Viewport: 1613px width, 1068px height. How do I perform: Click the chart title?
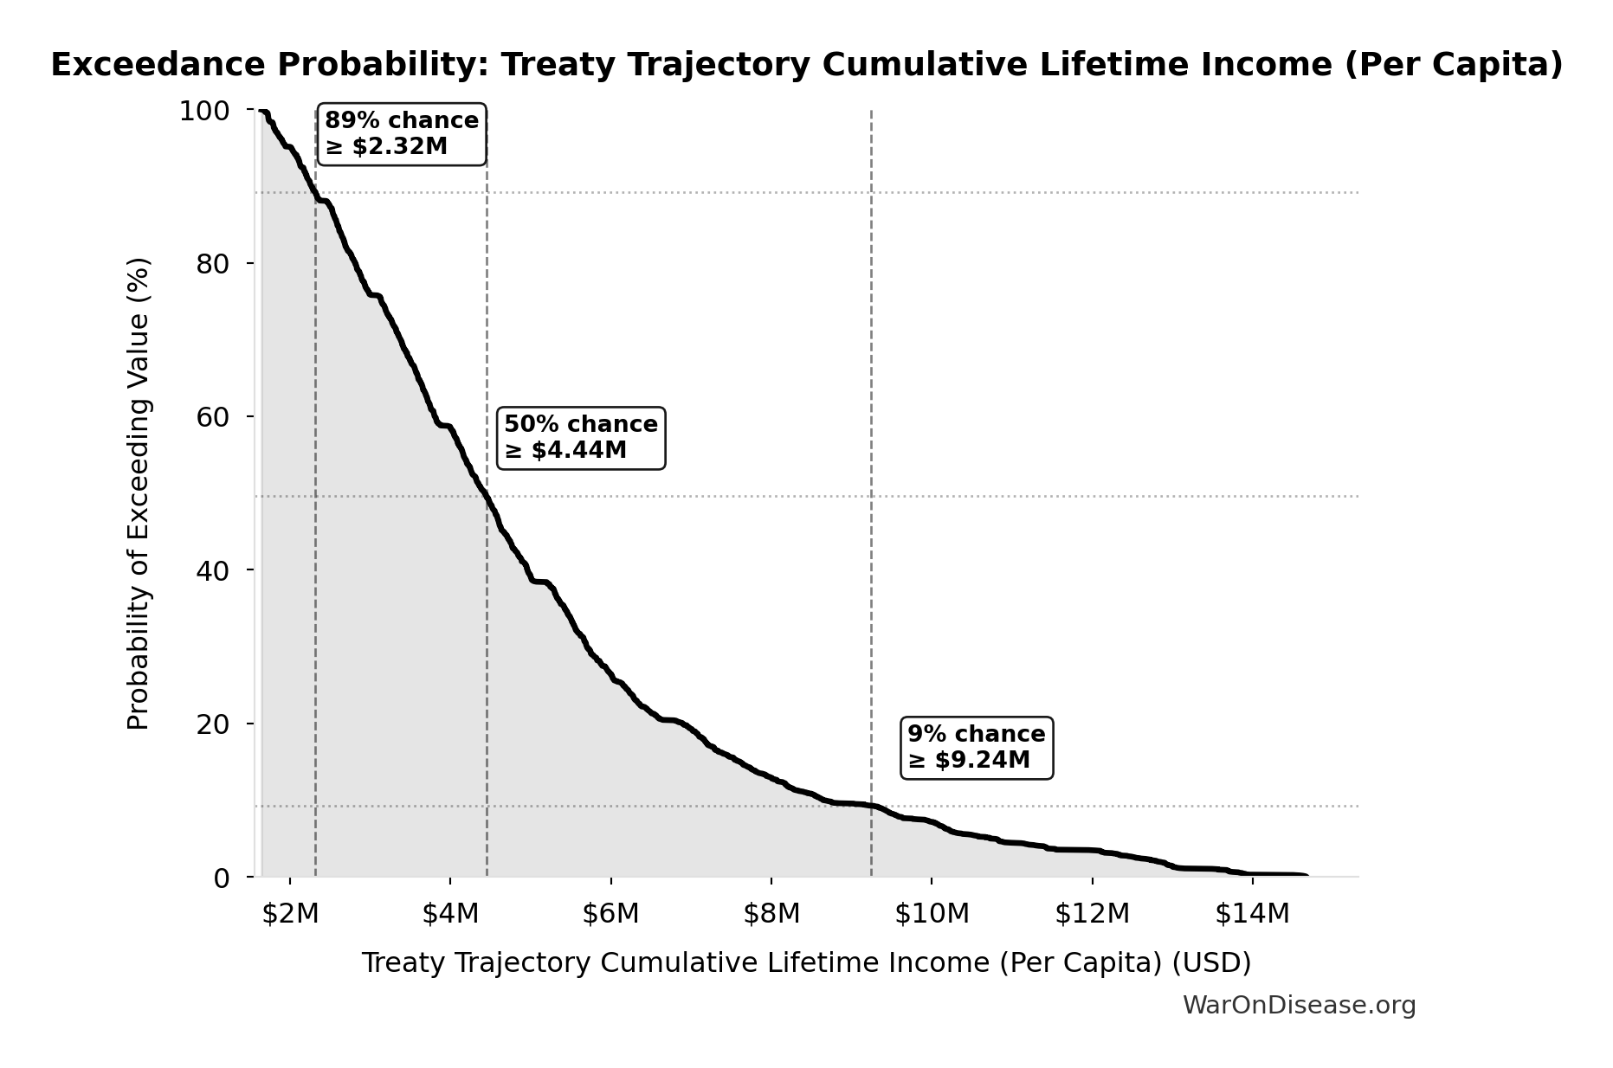point(806,65)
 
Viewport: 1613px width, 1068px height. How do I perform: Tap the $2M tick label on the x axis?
point(290,914)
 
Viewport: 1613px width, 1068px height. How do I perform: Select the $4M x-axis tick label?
point(450,914)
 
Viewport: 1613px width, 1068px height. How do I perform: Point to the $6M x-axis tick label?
point(611,914)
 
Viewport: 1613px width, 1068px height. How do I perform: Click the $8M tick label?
point(771,914)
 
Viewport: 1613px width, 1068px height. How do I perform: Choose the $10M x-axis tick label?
point(932,914)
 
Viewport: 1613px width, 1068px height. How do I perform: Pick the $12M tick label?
point(1093,914)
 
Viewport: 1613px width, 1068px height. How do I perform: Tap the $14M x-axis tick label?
point(1253,914)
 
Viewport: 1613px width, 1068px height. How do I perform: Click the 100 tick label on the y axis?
point(204,111)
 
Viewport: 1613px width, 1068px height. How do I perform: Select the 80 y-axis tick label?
point(213,264)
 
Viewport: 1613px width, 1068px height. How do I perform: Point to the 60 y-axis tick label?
point(213,417)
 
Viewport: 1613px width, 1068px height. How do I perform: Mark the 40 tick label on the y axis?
point(213,570)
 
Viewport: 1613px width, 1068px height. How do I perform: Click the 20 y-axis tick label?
point(213,724)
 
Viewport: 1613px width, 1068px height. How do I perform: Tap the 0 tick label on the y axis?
point(222,878)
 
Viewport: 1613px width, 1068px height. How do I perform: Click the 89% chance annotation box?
point(402,133)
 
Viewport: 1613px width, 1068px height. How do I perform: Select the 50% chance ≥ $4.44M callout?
point(581,438)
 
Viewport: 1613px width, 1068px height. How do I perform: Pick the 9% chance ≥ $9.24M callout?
point(977,748)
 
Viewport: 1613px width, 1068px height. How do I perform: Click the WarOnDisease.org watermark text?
point(1299,1006)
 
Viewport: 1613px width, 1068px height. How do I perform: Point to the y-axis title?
point(139,493)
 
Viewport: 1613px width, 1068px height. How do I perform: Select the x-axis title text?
point(806,962)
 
